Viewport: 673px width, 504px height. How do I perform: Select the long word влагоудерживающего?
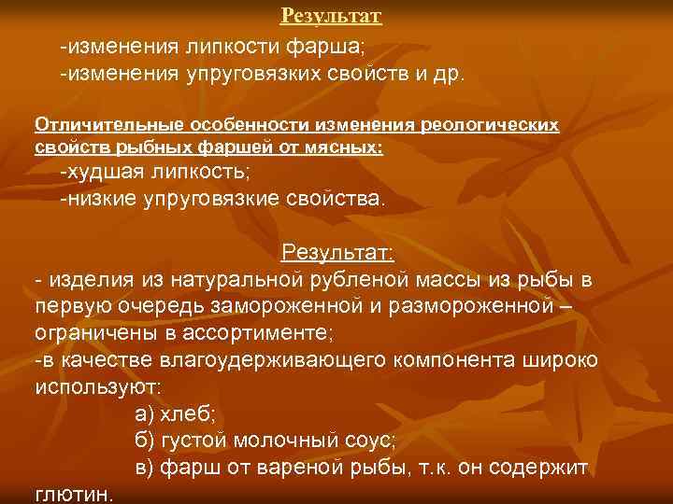252,360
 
